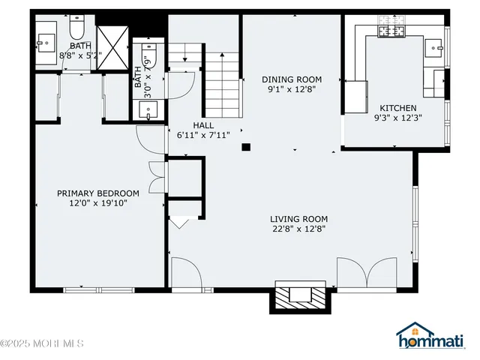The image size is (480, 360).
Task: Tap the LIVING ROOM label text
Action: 298,220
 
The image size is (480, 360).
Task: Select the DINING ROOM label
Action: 291,79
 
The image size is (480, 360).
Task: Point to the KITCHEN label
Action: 397,108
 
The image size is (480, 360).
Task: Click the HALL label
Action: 203,126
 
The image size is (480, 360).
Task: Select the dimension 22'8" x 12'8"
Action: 298,229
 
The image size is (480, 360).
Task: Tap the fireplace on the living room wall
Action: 301,296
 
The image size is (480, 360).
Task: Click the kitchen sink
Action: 434,49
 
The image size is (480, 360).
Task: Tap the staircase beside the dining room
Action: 223,86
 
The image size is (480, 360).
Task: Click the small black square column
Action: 245,148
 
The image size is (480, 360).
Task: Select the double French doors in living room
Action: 367,274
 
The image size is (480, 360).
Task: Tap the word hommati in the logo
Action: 436,343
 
